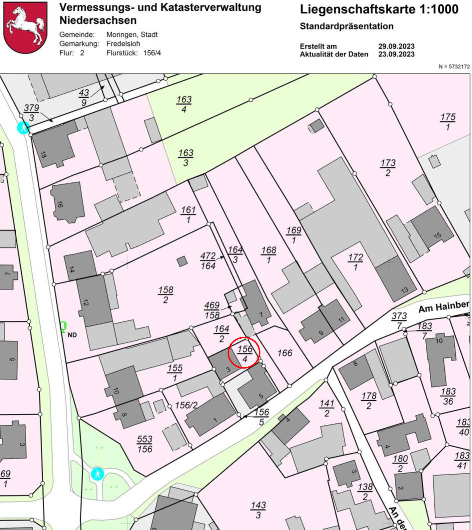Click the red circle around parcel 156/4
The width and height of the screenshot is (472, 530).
[x=244, y=352]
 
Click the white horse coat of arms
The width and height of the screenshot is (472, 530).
[x=26, y=27]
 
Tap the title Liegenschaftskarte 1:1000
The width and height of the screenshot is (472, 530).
[x=379, y=9]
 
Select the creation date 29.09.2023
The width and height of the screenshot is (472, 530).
[x=396, y=46]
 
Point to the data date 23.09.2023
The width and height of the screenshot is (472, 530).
[x=396, y=54]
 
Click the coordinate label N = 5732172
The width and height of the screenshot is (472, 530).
[x=454, y=67]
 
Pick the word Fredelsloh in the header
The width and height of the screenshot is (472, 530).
[x=123, y=44]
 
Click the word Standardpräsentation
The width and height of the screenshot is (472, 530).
[x=346, y=26]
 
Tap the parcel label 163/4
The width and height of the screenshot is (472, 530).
[x=184, y=104]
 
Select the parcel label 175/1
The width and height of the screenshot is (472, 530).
[x=448, y=122]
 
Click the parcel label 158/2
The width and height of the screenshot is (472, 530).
[x=166, y=295]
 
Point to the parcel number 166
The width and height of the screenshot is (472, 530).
[x=285, y=353]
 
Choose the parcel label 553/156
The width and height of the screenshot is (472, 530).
[x=145, y=444]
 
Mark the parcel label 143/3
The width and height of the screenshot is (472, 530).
[x=258, y=510]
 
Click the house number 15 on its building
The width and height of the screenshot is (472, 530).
[x=437, y=235]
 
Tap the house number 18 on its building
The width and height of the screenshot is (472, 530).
[x=43, y=155]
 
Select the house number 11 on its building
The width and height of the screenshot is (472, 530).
[x=341, y=320]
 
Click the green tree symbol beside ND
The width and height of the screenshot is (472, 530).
[x=63, y=327]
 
